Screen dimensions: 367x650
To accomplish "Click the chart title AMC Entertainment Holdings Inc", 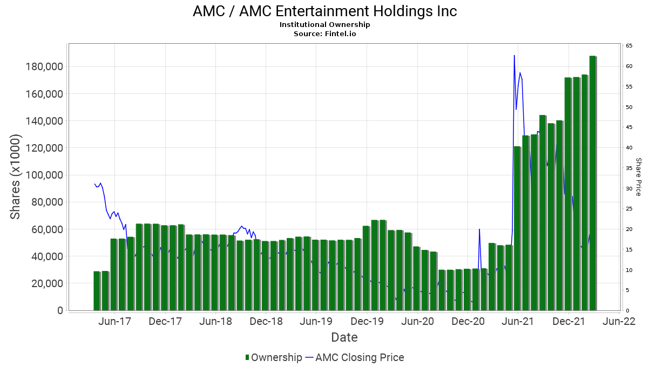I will click(x=324, y=11).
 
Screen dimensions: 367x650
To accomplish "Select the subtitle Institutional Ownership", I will click(x=324, y=25).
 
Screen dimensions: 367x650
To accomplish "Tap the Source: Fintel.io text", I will click(x=324, y=33).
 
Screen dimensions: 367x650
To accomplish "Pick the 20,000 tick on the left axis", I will click(x=45, y=283).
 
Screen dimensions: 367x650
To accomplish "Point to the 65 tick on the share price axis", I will click(x=629, y=46).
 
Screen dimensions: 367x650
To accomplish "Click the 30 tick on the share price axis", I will click(x=629, y=188).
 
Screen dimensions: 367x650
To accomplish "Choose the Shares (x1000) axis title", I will click(x=16, y=176).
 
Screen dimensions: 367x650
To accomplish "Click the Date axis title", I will click(x=344, y=338).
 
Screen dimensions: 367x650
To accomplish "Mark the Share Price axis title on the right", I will click(x=638, y=176).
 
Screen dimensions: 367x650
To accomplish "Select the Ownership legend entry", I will click(x=274, y=357).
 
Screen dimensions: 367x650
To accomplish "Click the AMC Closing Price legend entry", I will click(x=355, y=357).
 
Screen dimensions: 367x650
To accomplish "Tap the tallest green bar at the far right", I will click(x=593, y=183).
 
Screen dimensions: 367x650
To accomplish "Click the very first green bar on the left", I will click(x=97, y=291).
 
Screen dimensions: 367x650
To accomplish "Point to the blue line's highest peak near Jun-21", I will click(x=514, y=55).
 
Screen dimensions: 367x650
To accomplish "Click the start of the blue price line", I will click(x=94, y=184).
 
